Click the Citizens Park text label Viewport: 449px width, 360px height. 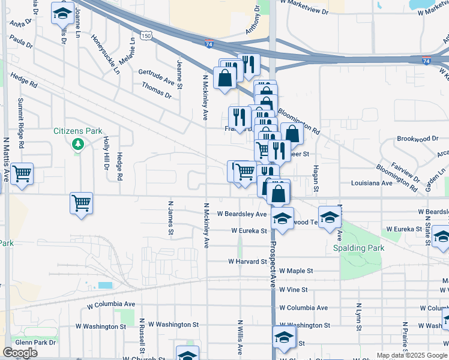pyautogui.click(x=77, y=131)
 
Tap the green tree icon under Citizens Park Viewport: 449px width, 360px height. pyautogui.click(x=77, y=144)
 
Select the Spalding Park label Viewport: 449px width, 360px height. pyautogui.click(x=358, y=248)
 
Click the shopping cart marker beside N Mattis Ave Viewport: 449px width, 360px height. pyautogui.click(x=22, y=174)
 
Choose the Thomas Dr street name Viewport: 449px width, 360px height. pyautogui.click(x=157, y=91)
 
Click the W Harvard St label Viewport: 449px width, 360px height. pyautogui.click(x=247, y=262)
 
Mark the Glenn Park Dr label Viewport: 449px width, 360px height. pyautogui.click(x=35, y=342)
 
